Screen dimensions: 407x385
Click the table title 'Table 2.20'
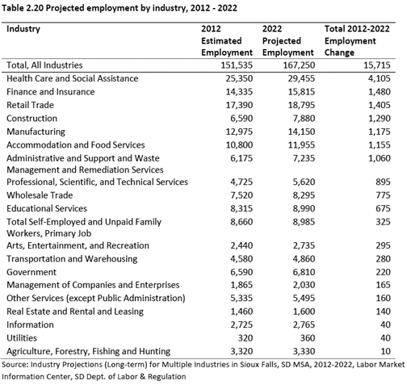tap(23, 8)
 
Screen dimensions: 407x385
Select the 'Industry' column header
tap(23, 29)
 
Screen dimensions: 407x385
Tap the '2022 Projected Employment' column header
tap(287, 40)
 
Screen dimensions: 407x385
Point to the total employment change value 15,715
tap(376, 65)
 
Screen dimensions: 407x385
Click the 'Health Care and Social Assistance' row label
tap(73, 78)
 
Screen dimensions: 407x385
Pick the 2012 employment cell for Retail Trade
tap(239, 105)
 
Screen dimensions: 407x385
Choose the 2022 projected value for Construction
tap(304, 118)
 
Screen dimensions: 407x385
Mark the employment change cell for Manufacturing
tap(379, 132)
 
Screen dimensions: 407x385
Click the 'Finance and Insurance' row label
tap(51, 92)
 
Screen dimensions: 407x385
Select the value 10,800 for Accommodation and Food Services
tap(239, 144)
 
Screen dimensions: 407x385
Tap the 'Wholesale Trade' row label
tap(40, 195)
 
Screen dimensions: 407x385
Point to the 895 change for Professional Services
tap(383, 182)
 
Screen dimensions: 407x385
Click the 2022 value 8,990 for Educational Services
tap(304, 208)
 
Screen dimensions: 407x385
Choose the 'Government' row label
tap(31, 272)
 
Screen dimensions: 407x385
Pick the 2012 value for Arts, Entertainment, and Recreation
tap(241, 245)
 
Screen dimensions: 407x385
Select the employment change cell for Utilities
tap(385, 338)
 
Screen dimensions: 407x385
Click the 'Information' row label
tap(30, 324)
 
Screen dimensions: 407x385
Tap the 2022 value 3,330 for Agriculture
tap(304, 351)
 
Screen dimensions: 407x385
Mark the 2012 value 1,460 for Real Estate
tap(241, 312)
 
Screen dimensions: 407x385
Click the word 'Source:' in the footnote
tap(15, 365)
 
